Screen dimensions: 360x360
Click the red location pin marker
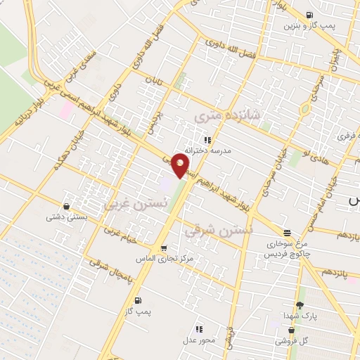coord(180,165)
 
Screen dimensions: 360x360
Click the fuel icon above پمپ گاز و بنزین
coord(310,15)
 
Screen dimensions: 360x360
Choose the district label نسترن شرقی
coord(219,229)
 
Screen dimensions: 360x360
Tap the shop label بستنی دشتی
coord(66,217)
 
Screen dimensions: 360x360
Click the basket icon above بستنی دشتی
coord(66,207)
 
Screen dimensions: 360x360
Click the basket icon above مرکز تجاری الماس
coord(164,247)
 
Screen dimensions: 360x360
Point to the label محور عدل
coord(199,339)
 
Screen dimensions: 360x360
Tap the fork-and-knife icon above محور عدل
coord(199,328)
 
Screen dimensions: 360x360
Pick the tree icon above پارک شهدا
coord(300,305)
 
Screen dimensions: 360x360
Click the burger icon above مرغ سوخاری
coord(286,233)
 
